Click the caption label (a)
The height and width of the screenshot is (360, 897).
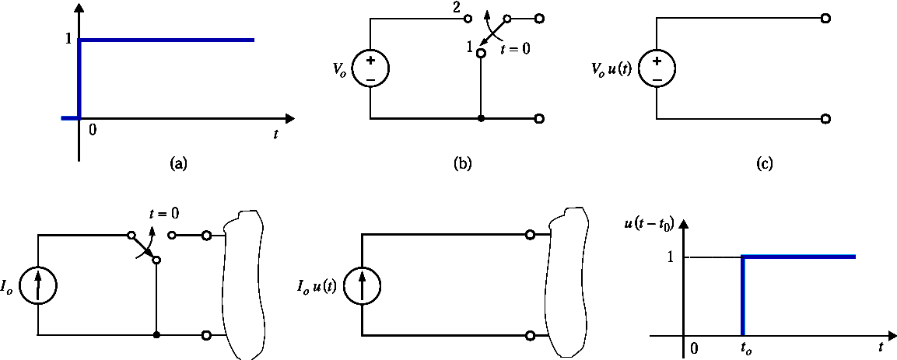click(179, 163)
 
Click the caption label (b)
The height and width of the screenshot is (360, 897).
click(462, 163)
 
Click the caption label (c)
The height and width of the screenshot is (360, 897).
click(765, 163)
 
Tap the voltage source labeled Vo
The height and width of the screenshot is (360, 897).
click(370, 69)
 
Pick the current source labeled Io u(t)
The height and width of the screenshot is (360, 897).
click(361, 285)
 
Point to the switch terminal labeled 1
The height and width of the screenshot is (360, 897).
click(482, 54)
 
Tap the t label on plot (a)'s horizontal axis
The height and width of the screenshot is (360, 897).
click(275, 134)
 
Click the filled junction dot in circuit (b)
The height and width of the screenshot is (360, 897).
click(482, 119)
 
